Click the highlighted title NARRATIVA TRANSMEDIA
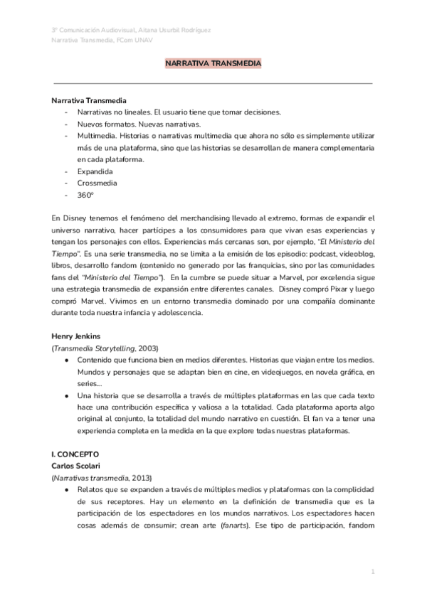pos(213,64)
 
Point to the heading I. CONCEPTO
pos(75,452)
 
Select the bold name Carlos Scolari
pos(78,464)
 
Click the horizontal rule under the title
pos(213,83)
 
